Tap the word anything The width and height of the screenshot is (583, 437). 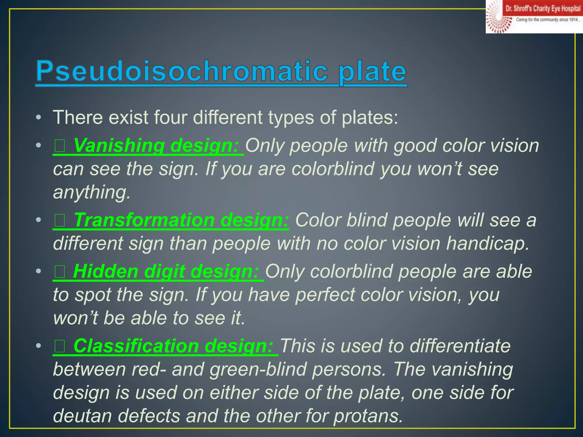coord(92,192)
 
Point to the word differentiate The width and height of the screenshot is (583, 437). coord(460,346)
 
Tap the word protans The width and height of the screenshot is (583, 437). coord(368,416)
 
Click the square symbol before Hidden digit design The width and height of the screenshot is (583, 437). coord(60,272)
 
